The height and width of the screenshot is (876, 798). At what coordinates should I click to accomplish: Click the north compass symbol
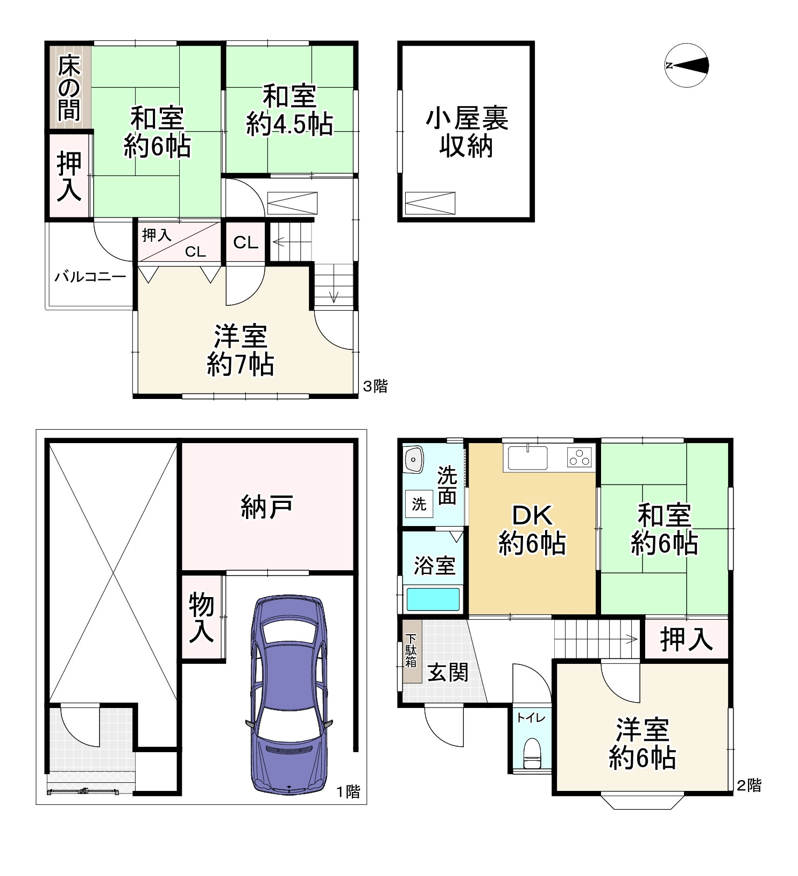686,65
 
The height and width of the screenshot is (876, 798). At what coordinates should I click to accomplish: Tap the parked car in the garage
289,695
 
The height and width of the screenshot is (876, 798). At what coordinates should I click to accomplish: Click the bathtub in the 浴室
433,599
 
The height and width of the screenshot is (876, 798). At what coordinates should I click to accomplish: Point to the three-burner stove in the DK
579,458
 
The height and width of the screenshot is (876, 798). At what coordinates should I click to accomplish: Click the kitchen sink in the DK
528,458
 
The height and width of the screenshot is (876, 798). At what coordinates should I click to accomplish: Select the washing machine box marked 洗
419,504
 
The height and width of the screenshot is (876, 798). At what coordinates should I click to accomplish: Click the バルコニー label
90,277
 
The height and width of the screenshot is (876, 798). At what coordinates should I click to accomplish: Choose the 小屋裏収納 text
467,132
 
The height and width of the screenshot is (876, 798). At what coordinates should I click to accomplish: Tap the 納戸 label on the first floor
267,507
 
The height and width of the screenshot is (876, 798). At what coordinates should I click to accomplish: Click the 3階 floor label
375,386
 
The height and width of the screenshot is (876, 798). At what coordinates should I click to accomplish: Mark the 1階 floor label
348,791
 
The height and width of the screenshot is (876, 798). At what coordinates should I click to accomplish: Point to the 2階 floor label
748,786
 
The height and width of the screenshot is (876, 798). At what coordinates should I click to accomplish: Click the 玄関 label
448,672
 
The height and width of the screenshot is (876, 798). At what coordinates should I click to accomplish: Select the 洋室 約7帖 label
241,351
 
